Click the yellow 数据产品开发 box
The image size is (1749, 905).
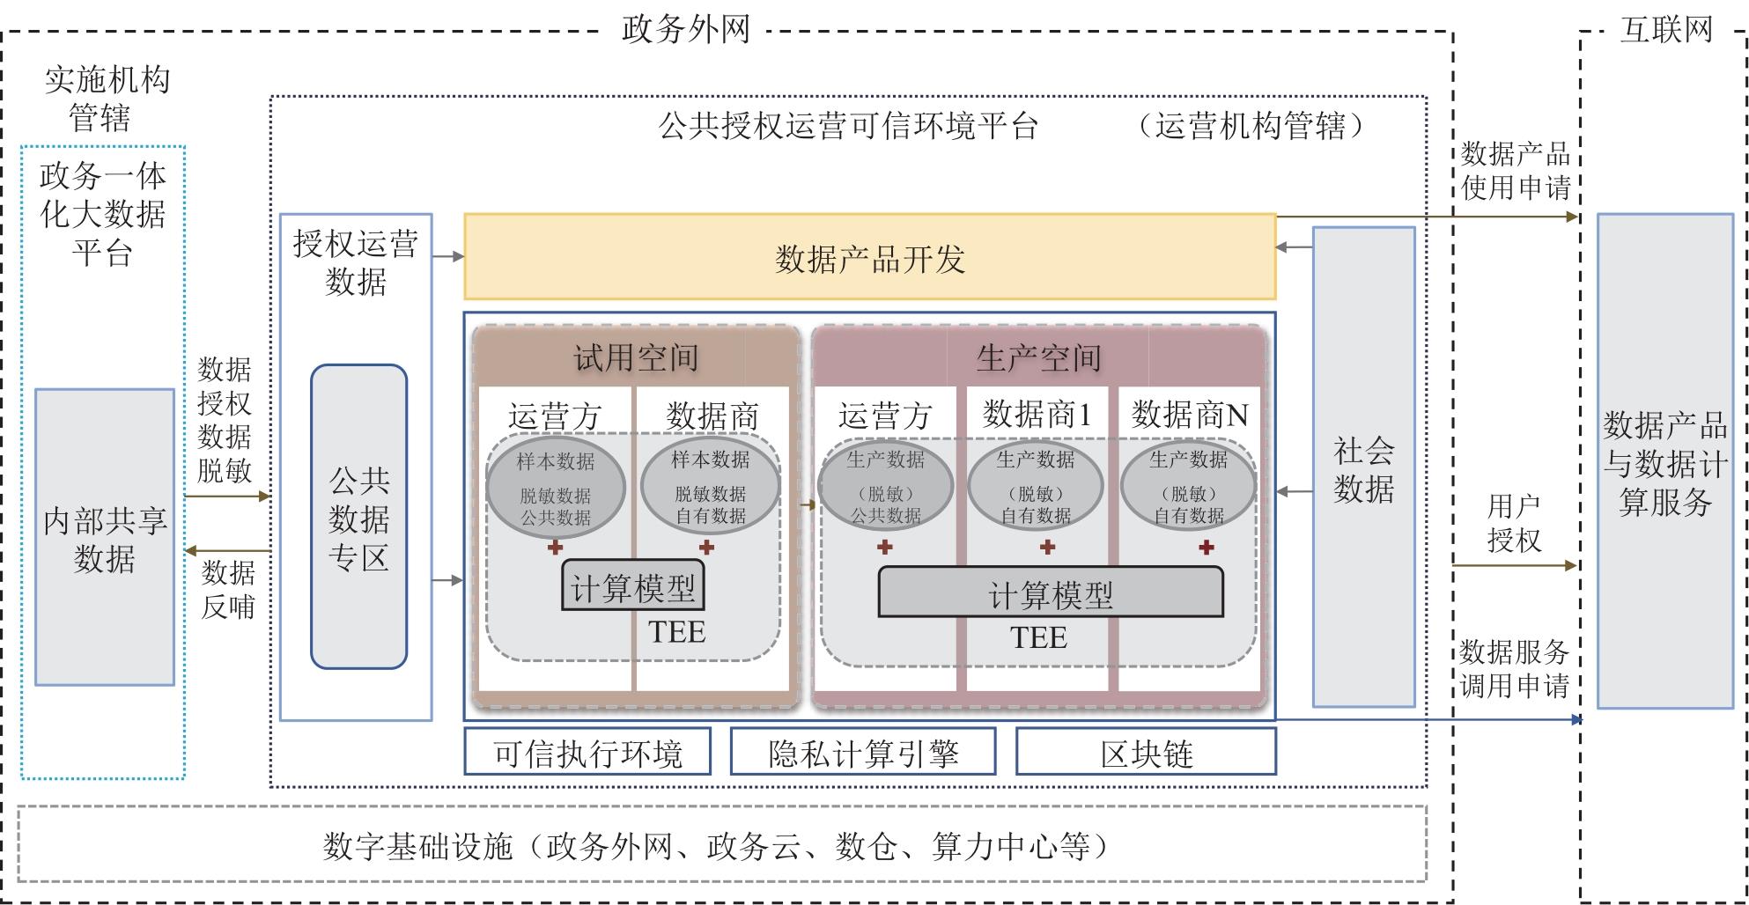point(869,257)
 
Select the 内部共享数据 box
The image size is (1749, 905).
point(105,537)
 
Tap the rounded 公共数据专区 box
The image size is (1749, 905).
point(358,518)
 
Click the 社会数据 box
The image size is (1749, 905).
point(1363,467)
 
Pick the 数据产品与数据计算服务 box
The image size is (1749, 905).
point(1664,461)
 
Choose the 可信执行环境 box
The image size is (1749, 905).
point(587,752)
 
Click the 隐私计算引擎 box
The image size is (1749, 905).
point(863,752)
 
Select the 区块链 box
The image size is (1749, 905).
point(1146,752)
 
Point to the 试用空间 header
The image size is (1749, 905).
point(636,357)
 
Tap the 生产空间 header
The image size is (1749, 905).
point(1038,357)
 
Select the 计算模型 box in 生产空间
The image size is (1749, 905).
point(1051,592)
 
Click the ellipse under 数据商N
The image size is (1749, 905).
point(1188,487)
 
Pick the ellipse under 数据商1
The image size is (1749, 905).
point(1036,487)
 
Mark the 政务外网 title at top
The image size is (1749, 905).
point(685,29)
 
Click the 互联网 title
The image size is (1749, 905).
point(1666,29)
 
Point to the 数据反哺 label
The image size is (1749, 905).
point(228,589)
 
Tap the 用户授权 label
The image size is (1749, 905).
point(1514,523)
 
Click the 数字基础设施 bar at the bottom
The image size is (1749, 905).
point(721,844)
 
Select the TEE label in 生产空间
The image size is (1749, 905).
point(1038,637)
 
